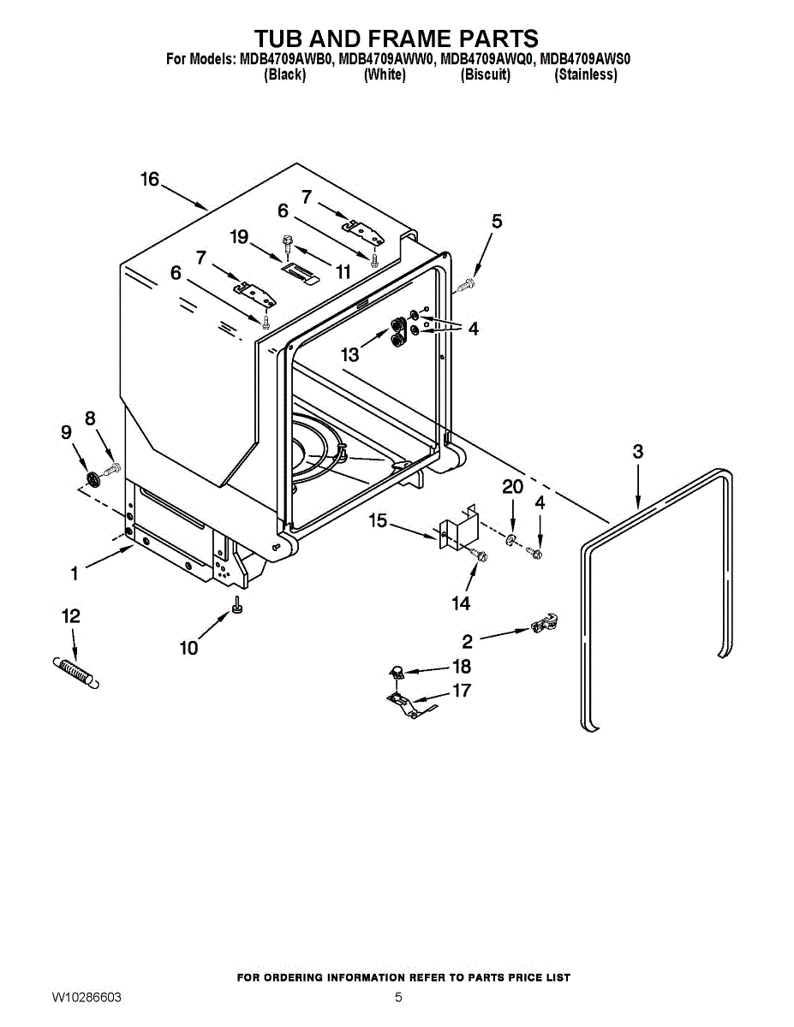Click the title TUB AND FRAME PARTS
click(x=396, y=39)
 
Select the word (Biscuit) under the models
click(x=486, y=74)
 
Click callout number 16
click(x=150, y=179)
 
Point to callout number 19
click(x=239, y=235)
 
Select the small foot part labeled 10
click(x=236, y=608)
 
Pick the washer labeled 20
click(x=511, y=539)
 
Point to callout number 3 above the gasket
click(x=638, y=452)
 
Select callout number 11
click(x=343, y=272)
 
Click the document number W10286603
click(x=86, y=998)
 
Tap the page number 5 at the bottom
click(x=398, y=998)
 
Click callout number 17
click(x=462, y=690)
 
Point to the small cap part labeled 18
click(x=397, y=672)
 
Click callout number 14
click(x=461, y=603)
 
